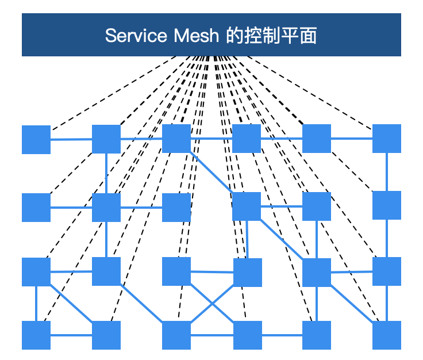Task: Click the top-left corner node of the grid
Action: (36, 139)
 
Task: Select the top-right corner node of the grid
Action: (387, 139)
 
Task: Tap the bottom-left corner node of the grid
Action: (36, 335)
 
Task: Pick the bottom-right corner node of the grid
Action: (387, 335)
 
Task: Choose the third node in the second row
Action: (176, 208)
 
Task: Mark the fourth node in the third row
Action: (248, 272)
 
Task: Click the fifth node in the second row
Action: (317, 206)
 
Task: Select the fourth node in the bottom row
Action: (248, 335)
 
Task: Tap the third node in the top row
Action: (176, 139)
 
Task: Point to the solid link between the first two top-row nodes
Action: (71, 139)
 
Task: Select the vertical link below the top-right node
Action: (387, 171)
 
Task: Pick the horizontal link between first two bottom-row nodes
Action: (71, 335)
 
